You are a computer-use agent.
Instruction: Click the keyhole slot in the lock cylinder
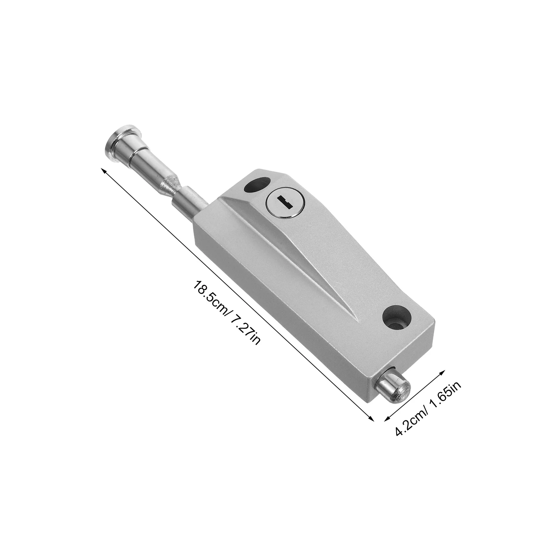tap(282, 202)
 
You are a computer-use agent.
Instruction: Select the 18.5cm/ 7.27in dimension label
tap(227, 311)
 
